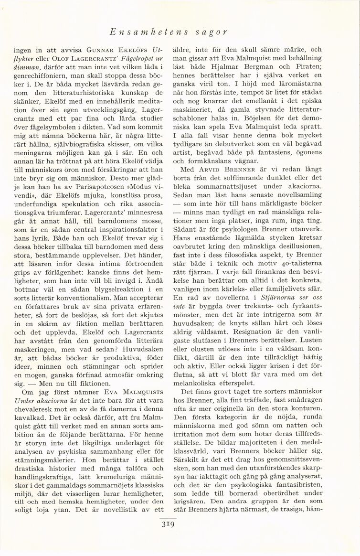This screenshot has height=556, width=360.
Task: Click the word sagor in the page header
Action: (211, 32)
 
